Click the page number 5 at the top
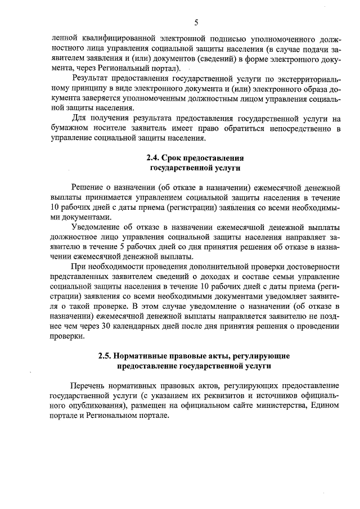click(x=196, y=22)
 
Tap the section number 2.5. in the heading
click(x=105, y=355)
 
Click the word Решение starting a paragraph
click(x=88, y=187)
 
